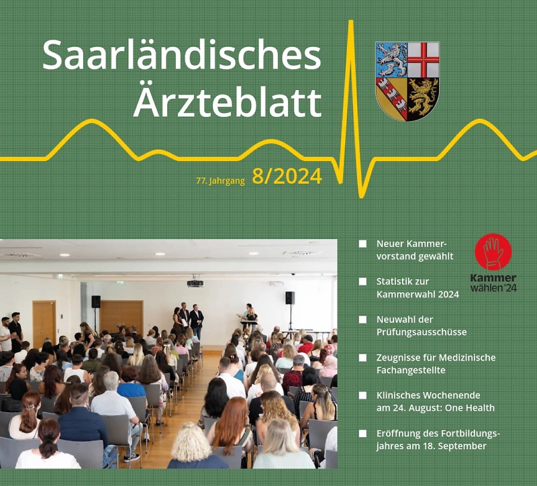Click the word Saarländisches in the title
(181, 56)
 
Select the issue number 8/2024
(287, 177)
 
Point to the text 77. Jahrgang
(220, 181)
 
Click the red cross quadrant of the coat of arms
(424, 60)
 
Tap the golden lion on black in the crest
(423, 97)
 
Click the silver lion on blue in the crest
(392, 60)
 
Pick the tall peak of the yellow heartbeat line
(350, 22)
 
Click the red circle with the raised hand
(493, 252)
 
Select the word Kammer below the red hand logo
(493, 278)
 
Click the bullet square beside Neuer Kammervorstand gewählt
(362, 244)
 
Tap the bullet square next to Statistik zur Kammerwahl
(362, 281)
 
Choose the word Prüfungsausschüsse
(422, 332)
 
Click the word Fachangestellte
(411, 371)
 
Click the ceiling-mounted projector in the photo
(195, 283)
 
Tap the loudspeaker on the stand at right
(290, 297)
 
